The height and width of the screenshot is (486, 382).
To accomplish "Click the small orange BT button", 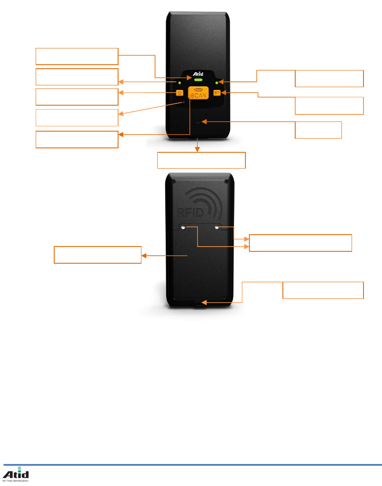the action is click(x=216, y=93).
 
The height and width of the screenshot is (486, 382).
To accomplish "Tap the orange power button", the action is click(x=179, y=93).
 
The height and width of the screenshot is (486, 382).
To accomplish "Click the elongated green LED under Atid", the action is click(x=198, y=81).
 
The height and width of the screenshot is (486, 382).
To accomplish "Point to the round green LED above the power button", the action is click(x=179, y=82).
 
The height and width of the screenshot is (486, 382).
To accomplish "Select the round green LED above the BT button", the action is click(x=216, y=82).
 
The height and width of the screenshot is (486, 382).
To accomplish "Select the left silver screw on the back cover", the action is click(x=183, y=227).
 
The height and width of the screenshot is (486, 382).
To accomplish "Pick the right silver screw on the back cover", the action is click(x=217, y=227).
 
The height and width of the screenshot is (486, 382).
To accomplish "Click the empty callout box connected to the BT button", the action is click(x=329, y=106).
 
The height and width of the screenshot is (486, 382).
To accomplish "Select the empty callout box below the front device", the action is click(x=201, y=160).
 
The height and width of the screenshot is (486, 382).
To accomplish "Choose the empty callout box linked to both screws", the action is click(x=300, y=243).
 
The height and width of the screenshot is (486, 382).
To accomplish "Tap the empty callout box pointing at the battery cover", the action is click(x=97, y=255).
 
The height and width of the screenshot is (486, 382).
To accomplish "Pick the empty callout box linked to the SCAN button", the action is click(x=77, y=139).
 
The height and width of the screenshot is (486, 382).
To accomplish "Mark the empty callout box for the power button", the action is click(x=77, y=96).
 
